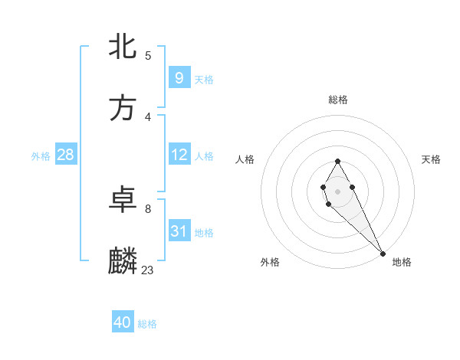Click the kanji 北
(x=123, y=47)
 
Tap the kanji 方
(x=123, y=108)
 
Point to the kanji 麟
(x=123, y=261)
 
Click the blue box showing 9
(x=179, y=77)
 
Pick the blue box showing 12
(x=179, y=155)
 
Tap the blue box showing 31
(x=179, y=231)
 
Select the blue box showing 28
(x=65, y=155)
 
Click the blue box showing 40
(x=122, y=323)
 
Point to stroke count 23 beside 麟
(x=148, y=270)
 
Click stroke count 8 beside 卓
(x=148, y=208)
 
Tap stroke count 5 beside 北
(x=148, y=55)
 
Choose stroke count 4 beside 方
(x=148, y=116)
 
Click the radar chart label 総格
(x=337, y=100)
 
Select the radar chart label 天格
(x=431, y=159)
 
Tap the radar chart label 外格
(x=270, y=262)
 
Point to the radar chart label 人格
(x=245, y=159)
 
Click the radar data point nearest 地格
(x=383, y=253)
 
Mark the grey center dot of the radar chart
(x=337, y=190)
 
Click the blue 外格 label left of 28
(x=41, y=155)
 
